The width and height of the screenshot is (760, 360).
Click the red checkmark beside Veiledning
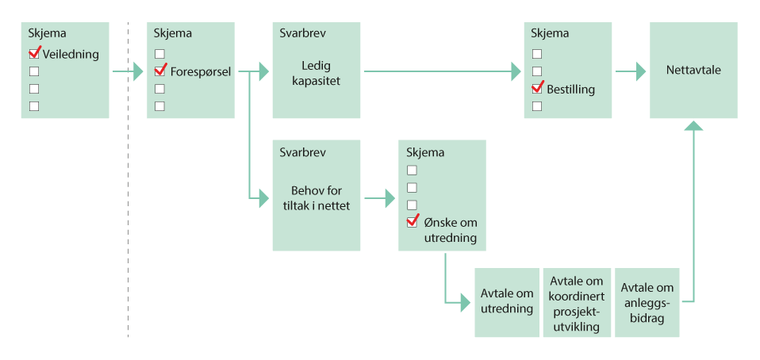[34, 53]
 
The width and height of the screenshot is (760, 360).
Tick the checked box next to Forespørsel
[160, 71]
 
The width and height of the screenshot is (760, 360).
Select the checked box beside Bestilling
[537, 88]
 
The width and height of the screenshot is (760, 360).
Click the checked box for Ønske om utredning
[412, 222]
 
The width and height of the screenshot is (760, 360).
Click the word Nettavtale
[693, 70]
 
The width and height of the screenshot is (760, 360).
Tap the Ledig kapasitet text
[315, 73]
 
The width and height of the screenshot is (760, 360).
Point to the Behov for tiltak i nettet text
[316, 198]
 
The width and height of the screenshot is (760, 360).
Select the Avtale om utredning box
[507, 301]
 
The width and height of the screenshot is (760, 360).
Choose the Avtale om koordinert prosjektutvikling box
[577, 303]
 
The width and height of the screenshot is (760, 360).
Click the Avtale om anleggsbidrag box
[647, 301]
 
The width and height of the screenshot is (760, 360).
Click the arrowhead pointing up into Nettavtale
[693, 125]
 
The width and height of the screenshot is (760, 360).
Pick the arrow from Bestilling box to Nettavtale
[631, 71]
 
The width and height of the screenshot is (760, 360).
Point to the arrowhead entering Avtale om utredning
[466, 301]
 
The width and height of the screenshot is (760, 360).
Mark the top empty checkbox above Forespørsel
[159, 54]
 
